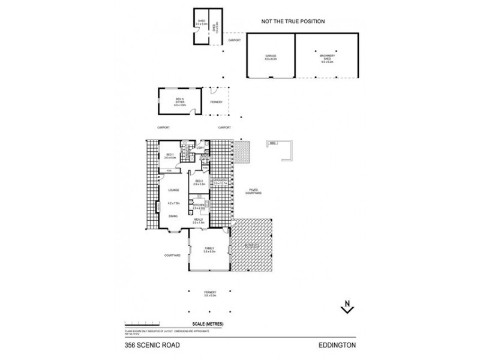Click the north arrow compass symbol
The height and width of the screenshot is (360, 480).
click(347, 307)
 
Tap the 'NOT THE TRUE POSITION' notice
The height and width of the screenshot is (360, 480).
click(293, 21)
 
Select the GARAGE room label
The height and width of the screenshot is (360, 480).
click(271, 56)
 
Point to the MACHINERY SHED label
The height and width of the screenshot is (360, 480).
click(327, 56)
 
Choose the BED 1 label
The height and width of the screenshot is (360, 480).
click(170, 155)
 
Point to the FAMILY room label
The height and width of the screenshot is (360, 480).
click(209, 248)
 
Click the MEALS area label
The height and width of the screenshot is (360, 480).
click(199, 220)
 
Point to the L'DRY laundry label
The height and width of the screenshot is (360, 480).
click(200, 148)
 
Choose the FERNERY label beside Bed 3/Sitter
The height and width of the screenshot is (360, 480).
click(216, 103)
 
